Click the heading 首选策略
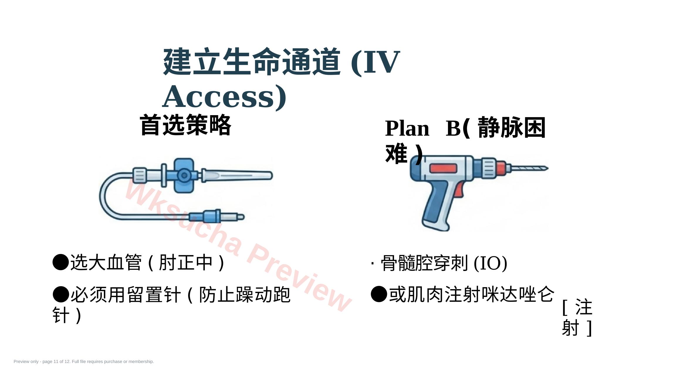coord(186,125)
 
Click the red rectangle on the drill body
coord(443,169)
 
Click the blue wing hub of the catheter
coord(184,175)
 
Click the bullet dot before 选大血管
coord(61,262)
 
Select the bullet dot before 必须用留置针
coord(61,294)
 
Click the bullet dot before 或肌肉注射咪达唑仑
coord(379,294)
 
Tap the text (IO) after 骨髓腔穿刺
coord(491,263)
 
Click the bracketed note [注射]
coord(577,317)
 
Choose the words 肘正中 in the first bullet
coord(186,262)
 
